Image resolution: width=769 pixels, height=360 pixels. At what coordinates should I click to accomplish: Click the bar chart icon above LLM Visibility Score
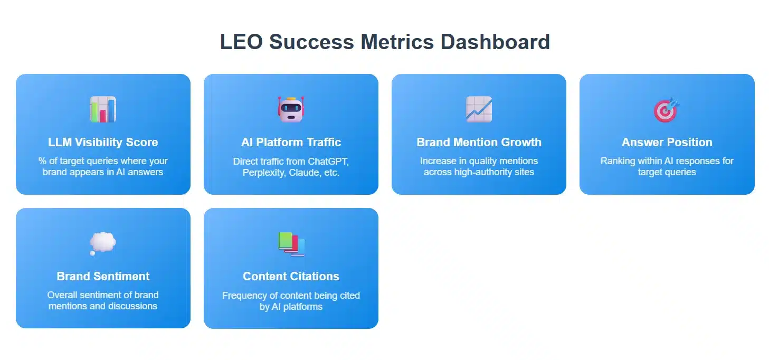pos(103,109)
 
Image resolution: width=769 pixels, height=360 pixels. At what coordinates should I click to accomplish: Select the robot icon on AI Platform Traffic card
pos(291,109)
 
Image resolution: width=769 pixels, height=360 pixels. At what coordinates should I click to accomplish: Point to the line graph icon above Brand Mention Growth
pos(479,109)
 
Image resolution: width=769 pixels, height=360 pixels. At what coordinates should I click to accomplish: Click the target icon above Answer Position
pos(667,109)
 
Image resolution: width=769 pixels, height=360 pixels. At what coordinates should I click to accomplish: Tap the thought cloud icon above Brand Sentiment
pos(102,243)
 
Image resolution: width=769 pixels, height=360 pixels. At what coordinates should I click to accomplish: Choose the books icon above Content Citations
pos(291,244)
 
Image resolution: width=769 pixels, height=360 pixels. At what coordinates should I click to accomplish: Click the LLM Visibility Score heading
pos(103,142)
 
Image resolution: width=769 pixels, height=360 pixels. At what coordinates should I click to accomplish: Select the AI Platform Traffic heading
pos(291,142)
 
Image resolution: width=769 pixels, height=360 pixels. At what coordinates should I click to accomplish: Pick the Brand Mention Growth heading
pos(479,142)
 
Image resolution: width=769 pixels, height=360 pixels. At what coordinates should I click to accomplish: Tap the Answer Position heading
pos(667,142)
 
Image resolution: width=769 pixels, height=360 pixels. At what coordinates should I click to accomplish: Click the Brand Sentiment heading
pos(103,276)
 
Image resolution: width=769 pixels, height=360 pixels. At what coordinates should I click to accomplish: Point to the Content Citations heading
pos(291,276)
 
